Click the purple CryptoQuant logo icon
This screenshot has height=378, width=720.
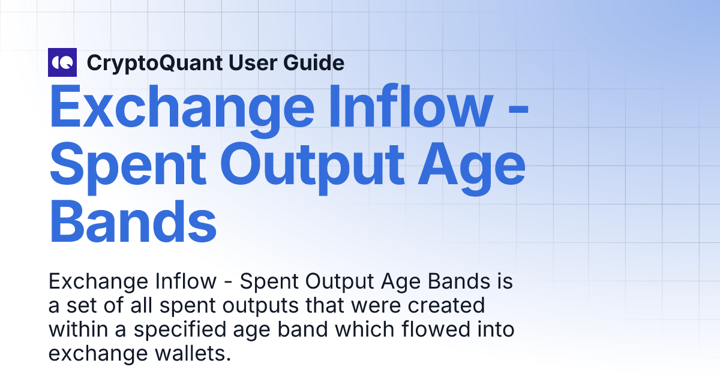62,62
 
